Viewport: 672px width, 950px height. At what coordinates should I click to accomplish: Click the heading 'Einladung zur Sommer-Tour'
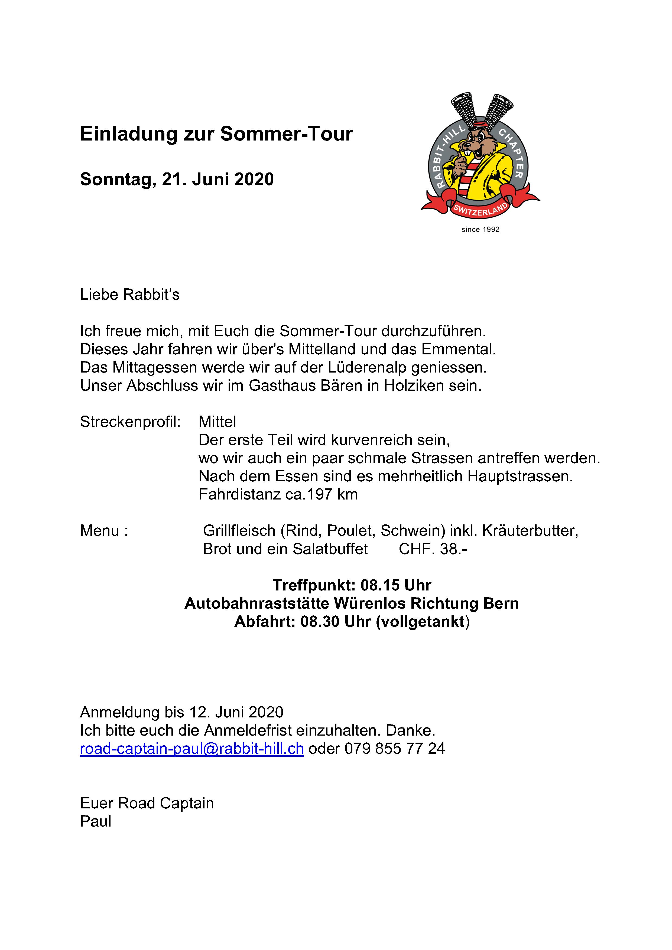point(216,134)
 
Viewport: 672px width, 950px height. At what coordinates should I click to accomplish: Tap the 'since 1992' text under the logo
point(480,230)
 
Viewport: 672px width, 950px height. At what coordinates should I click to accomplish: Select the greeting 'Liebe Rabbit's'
point(129,295)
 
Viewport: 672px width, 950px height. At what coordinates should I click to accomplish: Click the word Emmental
point(458,349)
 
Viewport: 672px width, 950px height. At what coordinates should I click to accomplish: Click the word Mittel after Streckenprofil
point(217,422)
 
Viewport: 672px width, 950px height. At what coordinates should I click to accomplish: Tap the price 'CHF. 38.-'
point(433,549)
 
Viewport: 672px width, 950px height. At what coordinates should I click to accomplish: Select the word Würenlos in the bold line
point(370,603)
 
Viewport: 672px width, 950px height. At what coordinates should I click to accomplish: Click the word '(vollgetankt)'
point(423,622)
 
